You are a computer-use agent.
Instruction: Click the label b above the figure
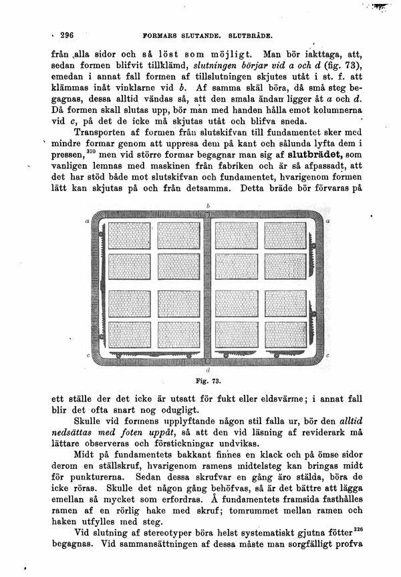coord(209,204)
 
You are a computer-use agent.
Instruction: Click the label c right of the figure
coord(329,356)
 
